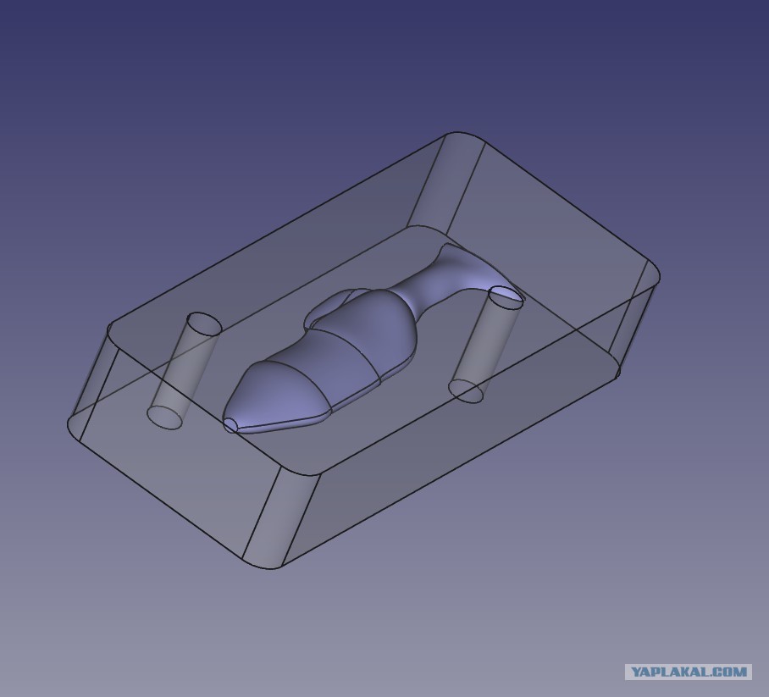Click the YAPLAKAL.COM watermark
(688, 672)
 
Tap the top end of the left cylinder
(205, 324)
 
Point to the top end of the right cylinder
(506, 298)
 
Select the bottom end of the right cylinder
(466, 390)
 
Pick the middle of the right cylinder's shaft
(486, 344)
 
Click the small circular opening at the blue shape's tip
(231, 425)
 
